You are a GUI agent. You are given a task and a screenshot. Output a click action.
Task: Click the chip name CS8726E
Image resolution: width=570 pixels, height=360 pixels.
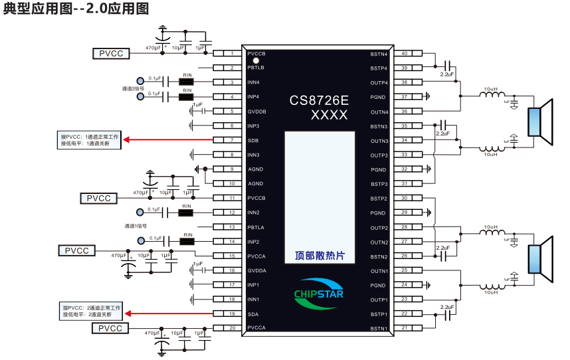tap(319, 100)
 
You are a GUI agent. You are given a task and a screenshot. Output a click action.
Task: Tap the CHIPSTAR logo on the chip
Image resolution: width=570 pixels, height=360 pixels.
tap(319, 292)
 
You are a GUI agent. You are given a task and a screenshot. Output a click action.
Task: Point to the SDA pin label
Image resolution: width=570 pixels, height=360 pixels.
tap(253, 314)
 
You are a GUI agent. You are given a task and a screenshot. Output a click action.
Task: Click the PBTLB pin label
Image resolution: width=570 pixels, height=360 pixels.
tap(256, 68)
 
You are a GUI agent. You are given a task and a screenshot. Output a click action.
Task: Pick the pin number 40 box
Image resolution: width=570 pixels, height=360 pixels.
tap(404, 53)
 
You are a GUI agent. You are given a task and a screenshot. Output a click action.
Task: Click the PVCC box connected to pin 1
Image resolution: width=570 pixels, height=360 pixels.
tap(111, 54)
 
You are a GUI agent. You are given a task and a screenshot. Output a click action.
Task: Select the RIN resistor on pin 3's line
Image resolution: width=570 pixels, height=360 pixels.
tap(187, 82)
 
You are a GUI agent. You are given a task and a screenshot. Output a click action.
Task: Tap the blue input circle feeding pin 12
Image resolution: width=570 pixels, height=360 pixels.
tap(140, 213)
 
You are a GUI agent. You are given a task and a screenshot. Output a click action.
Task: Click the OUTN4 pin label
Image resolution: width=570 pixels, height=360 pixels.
tap(379, 112)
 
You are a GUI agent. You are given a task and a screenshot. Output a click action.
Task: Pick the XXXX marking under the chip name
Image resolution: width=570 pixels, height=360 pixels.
tap(330, 116)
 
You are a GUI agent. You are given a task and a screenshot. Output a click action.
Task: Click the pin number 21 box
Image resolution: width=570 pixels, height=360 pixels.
tap(404, 328)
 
